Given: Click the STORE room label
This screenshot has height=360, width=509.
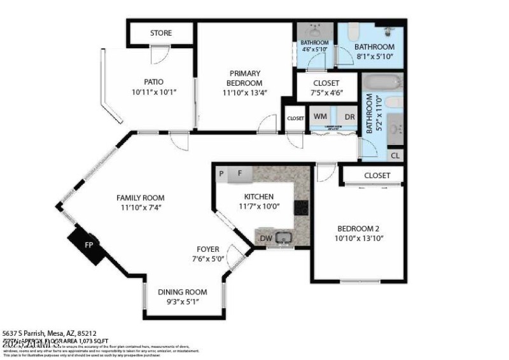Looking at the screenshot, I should (x=161, y=33).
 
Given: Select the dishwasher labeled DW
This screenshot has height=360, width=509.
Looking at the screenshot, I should (x=265, y=239).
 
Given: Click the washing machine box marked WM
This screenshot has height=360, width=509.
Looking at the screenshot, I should (x=321, y=117).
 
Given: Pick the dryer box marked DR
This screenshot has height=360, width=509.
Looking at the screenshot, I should (x=349, y=117).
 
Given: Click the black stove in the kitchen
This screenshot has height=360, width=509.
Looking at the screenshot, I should (x=302, y=207).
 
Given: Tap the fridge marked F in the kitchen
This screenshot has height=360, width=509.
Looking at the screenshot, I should (x=240, y=173).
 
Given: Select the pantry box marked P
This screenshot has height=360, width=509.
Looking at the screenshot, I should (x=221, y=173).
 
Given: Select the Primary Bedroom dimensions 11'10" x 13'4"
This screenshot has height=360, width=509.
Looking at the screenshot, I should (x=244, y=93).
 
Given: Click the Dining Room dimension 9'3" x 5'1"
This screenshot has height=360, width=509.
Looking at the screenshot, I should (x=183, y=301).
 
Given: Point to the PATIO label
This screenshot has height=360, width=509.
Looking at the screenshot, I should (x=153, y=81).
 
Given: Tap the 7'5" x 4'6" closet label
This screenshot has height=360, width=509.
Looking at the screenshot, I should (x=326, y=93).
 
